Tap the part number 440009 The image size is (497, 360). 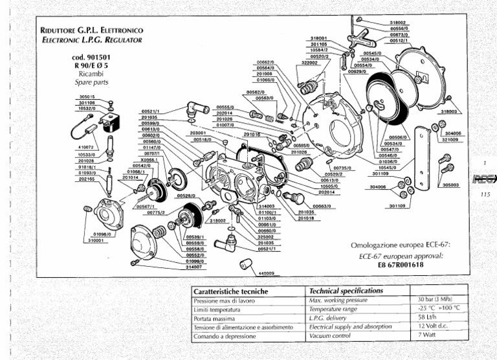click(x=267, y=273)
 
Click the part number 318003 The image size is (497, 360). click(x=449, y=111)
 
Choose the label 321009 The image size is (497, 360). click(x=452, y=139)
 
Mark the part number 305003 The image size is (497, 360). click(x=452, y=185)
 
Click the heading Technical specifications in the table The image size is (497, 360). click(x=346, y=291)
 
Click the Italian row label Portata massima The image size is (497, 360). click(x=217, y=319)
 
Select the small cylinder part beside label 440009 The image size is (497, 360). click(x=245, y=265)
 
